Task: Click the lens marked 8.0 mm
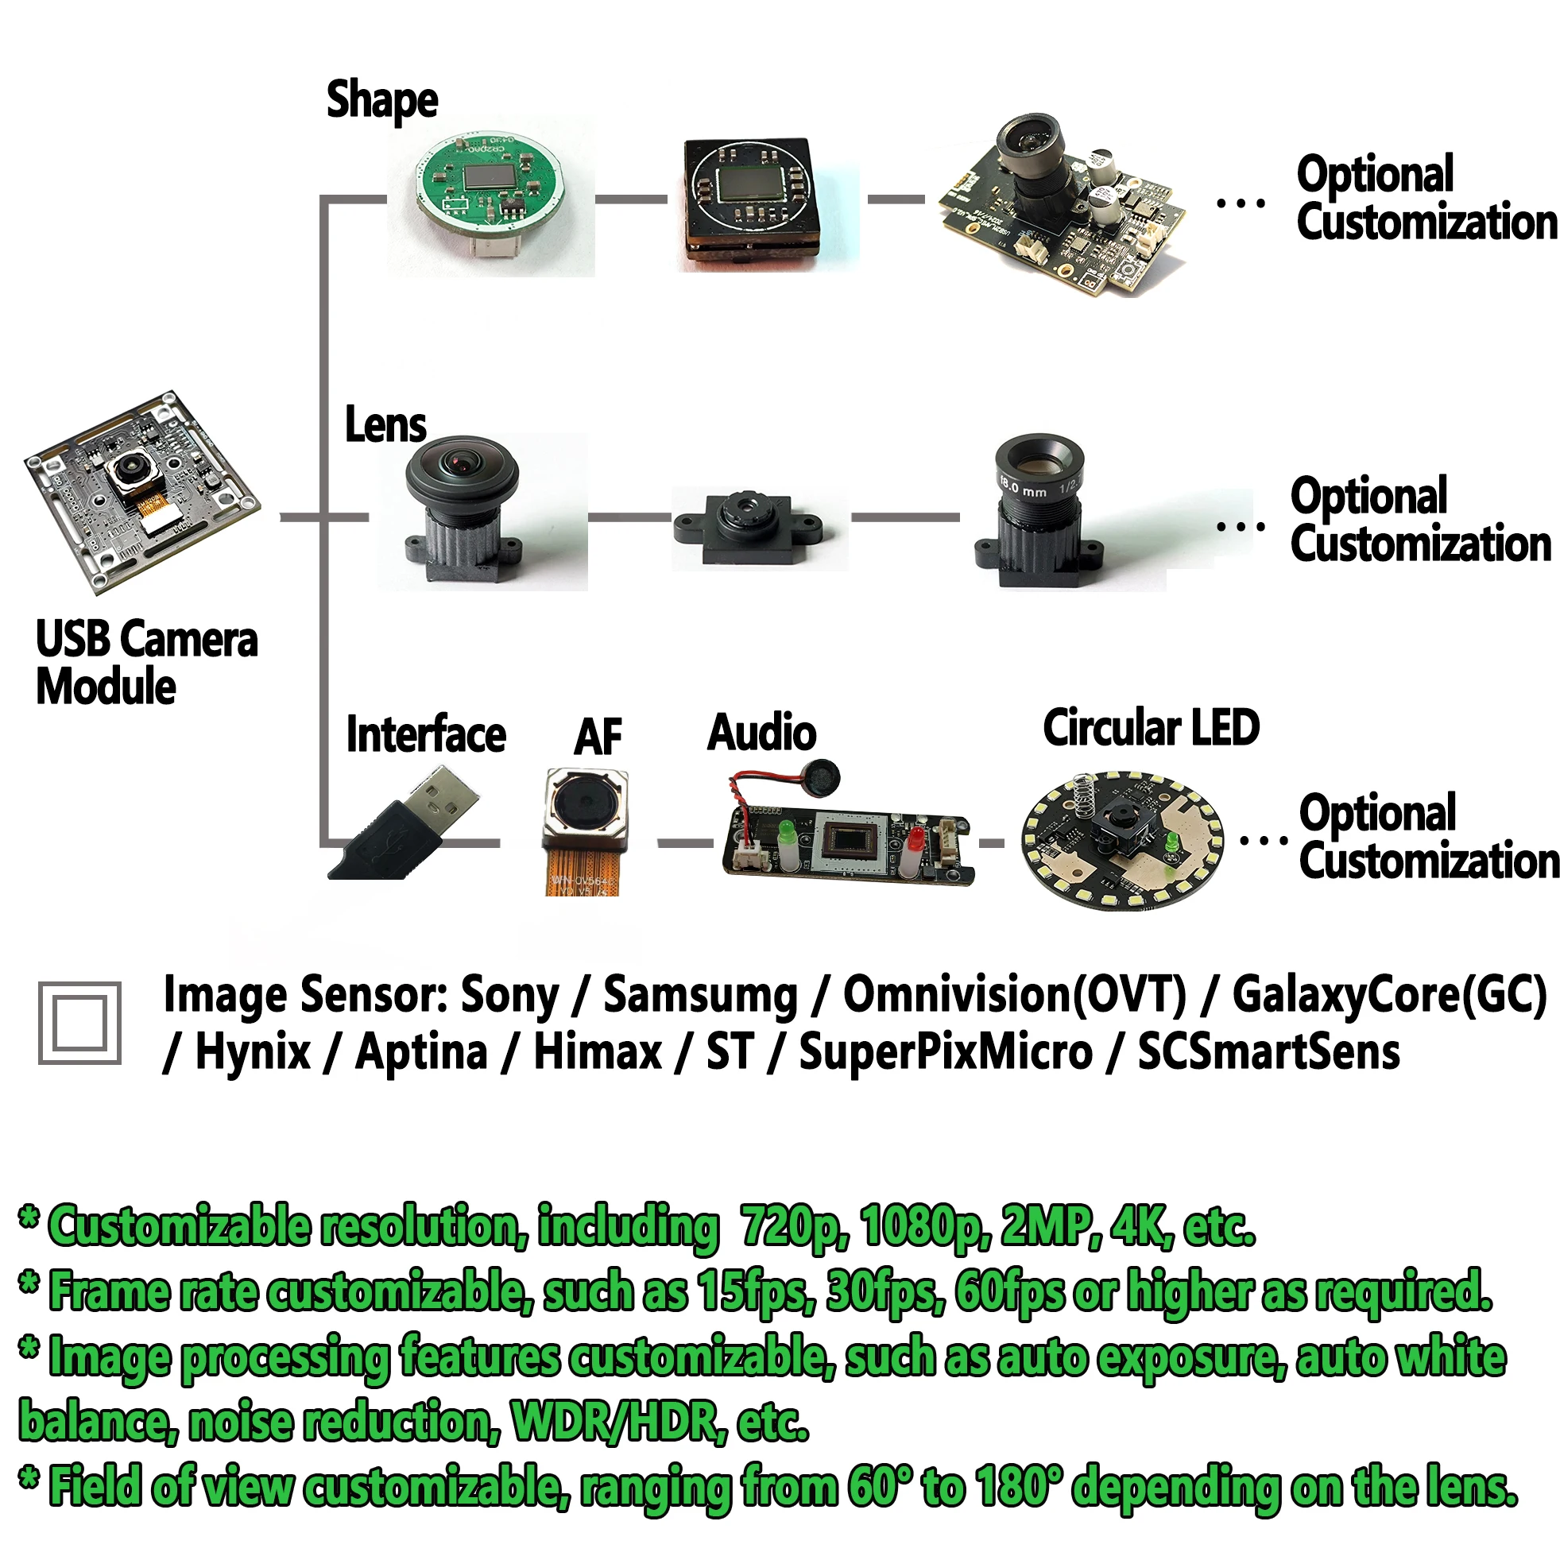[1039, 509]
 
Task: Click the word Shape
[382, 100]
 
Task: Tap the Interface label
[425, 735]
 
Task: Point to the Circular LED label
[1151, 727]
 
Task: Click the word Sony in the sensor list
[509, 995]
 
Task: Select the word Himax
[598, 1052]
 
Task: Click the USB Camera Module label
[146, 662]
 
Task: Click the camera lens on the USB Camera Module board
[130, 467]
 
